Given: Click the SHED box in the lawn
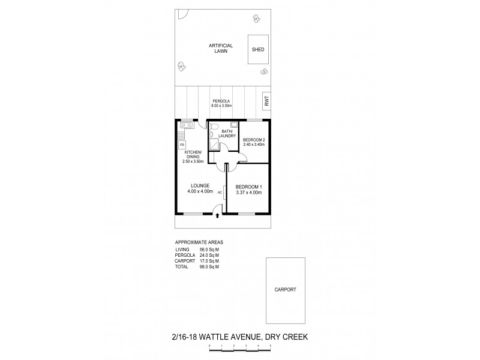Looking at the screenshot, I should (259, 50).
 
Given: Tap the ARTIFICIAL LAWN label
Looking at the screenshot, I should (221, 48).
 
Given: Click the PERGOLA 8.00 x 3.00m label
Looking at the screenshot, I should (222, 103).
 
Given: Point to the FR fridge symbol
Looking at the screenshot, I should (182, 144).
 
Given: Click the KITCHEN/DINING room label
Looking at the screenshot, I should (193, 157).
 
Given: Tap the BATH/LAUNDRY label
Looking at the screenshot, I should (226, 133).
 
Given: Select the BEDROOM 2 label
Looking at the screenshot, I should (254, 142).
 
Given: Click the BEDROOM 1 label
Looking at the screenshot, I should (248, 190).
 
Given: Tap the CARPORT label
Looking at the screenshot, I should (285, 289).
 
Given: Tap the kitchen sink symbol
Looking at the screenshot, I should (186, 125).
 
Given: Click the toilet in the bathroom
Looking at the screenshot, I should (212, 135).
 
